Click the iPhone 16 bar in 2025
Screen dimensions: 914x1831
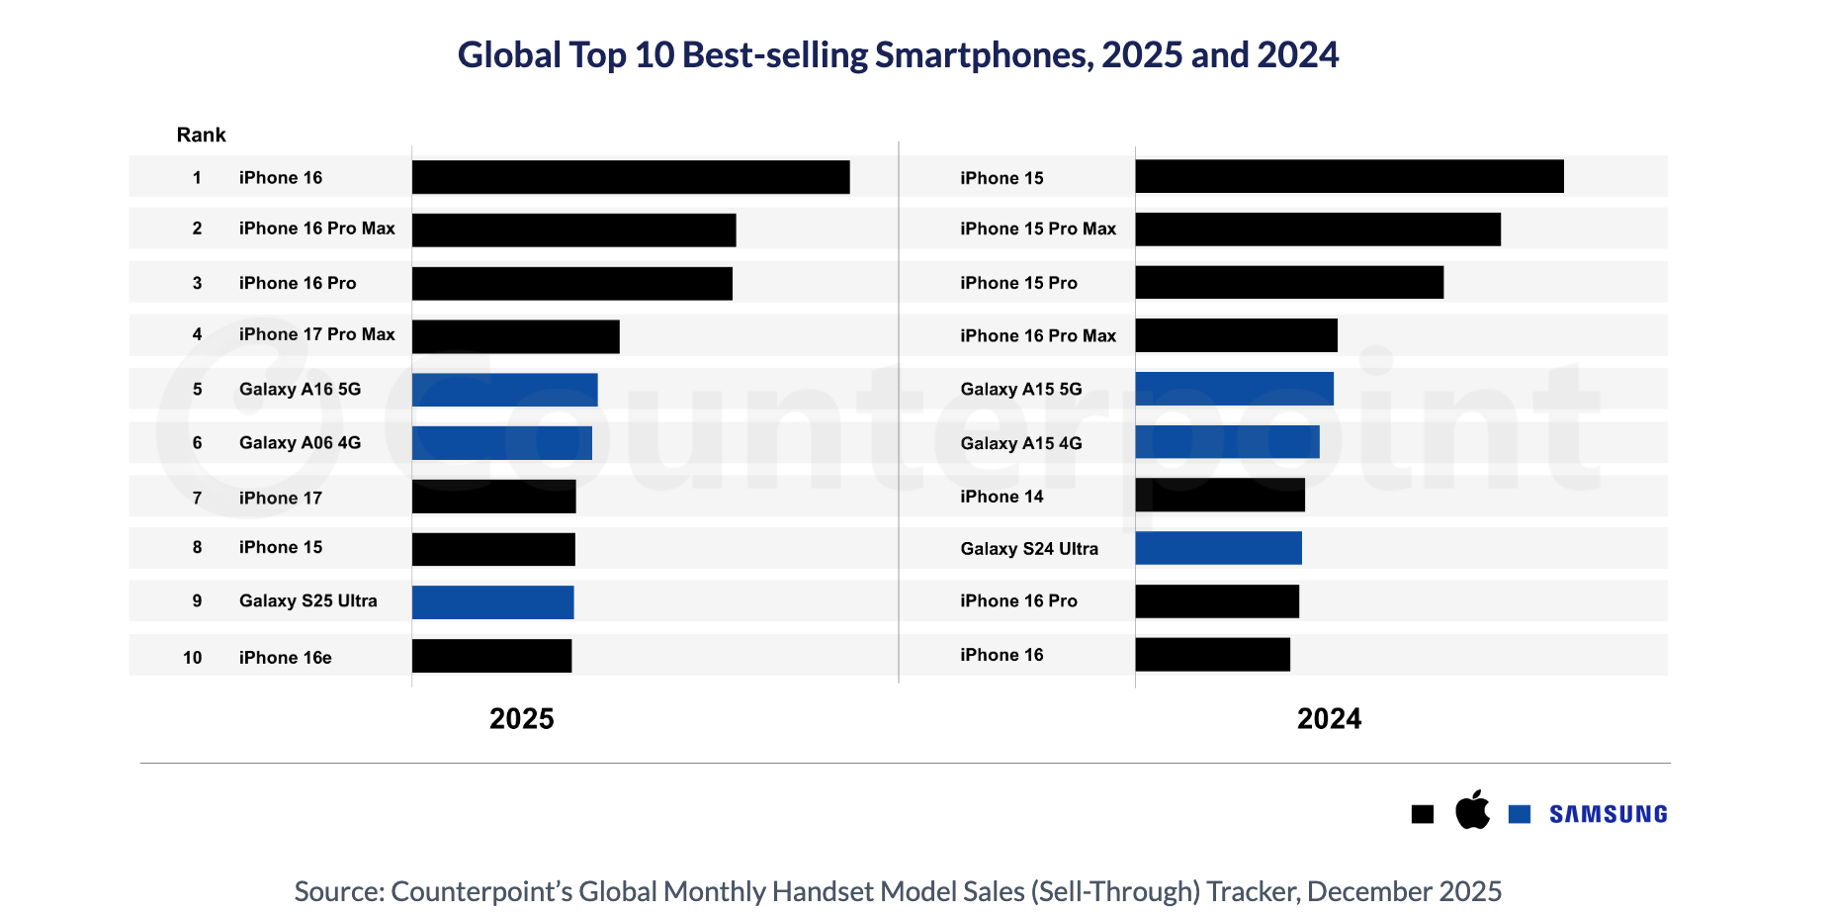pyautogui.click(x=631, y=177)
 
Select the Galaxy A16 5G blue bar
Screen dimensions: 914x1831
pyautogui.click(x=504, y=390)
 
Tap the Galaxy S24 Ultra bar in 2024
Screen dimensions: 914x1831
pyautogui.click(x=1218, y=548)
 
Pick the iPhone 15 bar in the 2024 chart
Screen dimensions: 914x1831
pyautogui.click(x=1350, y=176)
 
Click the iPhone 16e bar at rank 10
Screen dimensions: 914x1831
pyautogui.click(x=491, y=656)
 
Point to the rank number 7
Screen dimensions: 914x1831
pyautogui.click(x=197, y=498)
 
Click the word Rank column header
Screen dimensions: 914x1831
pyautogui.click(x=201, y=135)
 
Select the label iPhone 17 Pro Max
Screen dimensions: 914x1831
pyautogui.click(x=316, y=334)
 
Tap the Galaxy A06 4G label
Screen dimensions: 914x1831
pyautogui.click(x=300, y=442)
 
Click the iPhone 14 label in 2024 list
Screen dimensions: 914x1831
pyautogui.click(x=1002, y=497)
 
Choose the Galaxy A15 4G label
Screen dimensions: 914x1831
pyautogui.click(x=1020, y=443)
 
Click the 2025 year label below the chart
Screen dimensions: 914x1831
pyautogui.click(x=521, y=719)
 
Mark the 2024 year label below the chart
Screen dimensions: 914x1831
pyautogui.click(x=1329, y=719)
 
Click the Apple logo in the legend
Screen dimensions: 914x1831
pyautogui.click(x=1472, y=810)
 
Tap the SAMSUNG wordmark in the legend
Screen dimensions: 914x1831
pyautogui.click(x=1608, y=814)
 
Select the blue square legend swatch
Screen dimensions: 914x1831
pyautogui.click(x=1520, y=814)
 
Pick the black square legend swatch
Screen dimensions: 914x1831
pyautogui.click(x=1423, y=814)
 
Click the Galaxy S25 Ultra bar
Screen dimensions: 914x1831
pyautogui.click(x=492, y=602)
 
